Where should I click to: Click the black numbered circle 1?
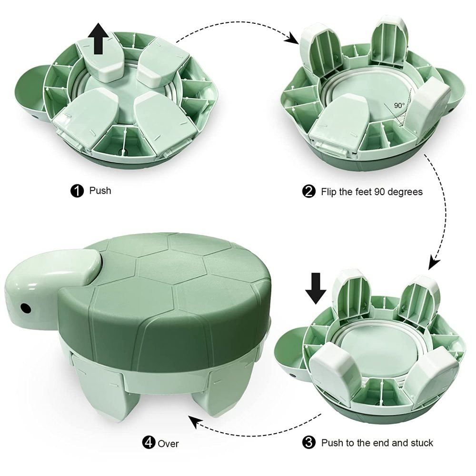point(77,191)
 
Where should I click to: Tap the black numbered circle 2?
point(309,192)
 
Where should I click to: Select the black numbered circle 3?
point(309,443)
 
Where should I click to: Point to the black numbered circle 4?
point(149,443)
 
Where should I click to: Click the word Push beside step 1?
point(100,191)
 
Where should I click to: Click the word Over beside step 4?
point(169,444)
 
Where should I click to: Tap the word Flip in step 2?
point(329,192)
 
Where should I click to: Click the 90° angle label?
point(399,106)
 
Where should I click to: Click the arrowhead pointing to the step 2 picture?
point(293,39)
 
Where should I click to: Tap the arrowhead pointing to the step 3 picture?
point(435,263)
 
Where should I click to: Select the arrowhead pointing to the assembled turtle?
point(194,421)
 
